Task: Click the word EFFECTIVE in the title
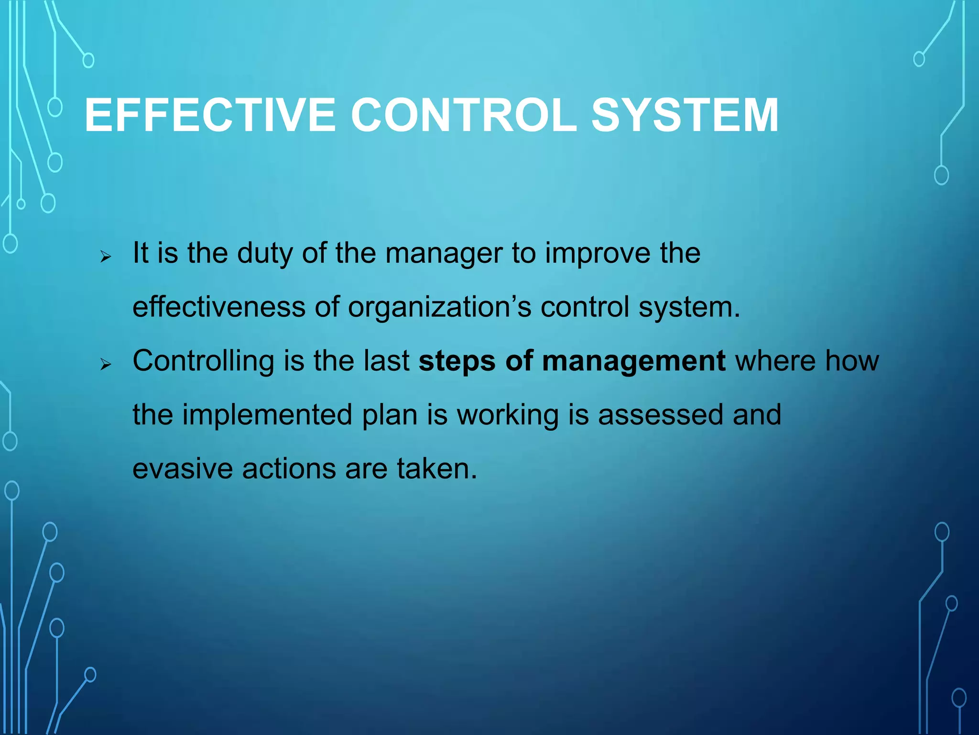210,115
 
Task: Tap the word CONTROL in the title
464,115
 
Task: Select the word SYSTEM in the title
685,115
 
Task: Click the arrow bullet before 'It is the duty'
106,257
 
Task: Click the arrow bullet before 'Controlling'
106,365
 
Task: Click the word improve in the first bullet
598,254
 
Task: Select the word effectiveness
218,307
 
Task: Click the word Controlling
203,361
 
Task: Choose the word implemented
266,415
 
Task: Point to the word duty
265,254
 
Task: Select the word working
508,415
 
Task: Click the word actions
289,468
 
